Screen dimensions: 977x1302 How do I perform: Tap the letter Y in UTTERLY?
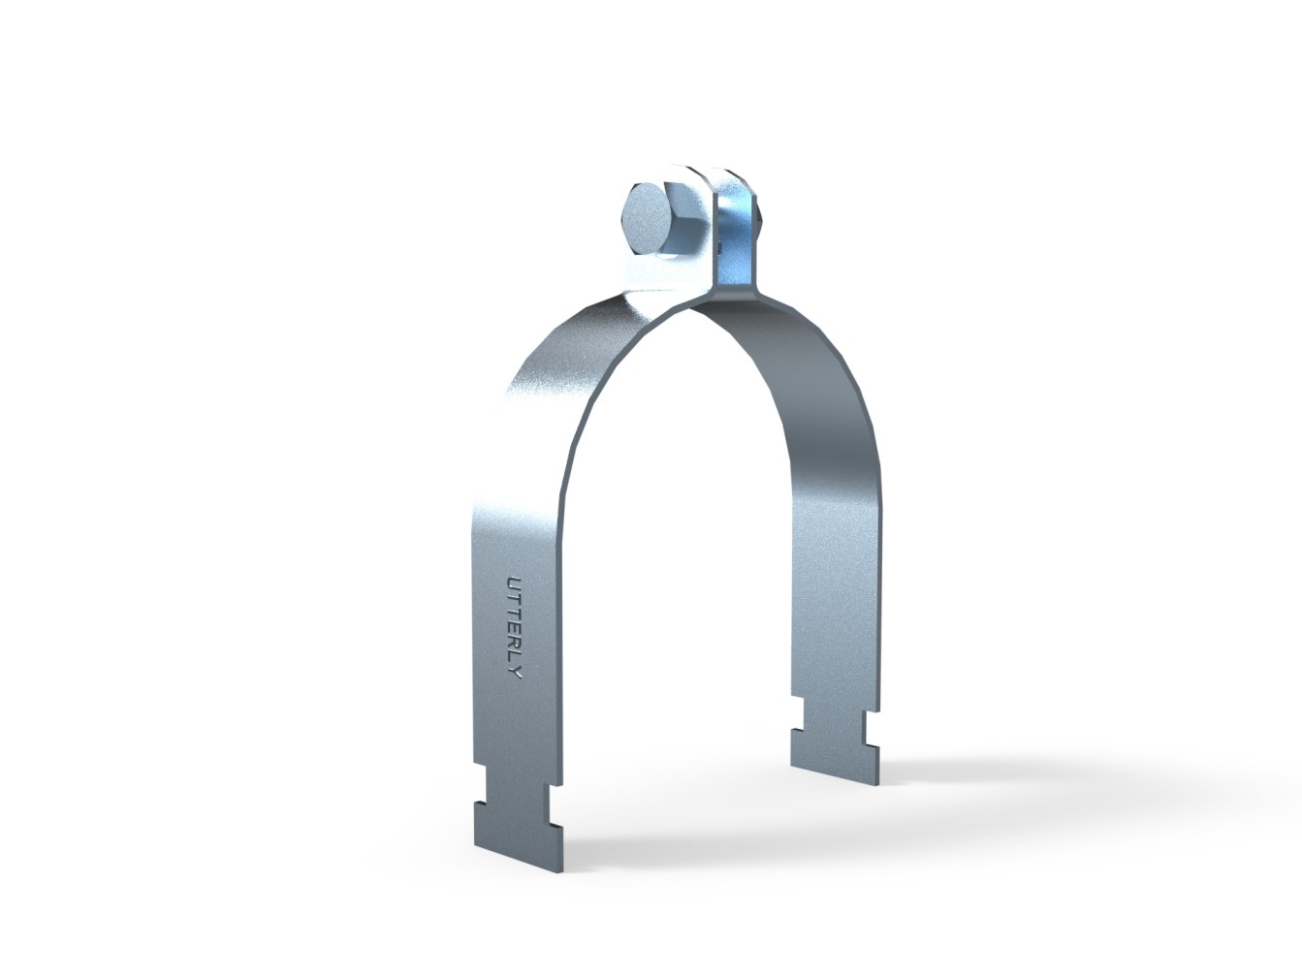(x=513, y=672)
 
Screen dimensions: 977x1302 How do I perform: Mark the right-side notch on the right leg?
(x=875, y=722)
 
